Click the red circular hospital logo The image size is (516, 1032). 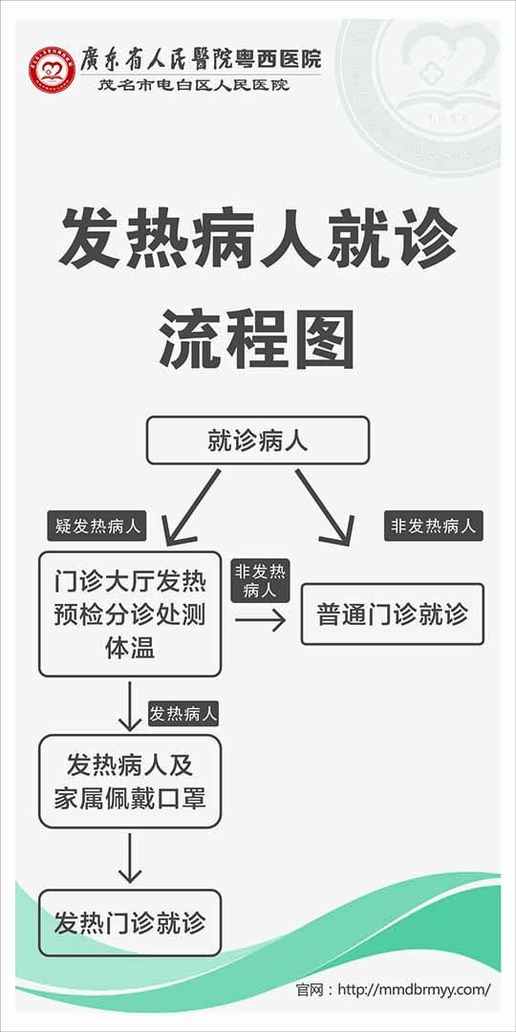pyautogui.click(x=52, y=69)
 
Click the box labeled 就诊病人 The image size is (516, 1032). pyautogui.click(x=257, y=441)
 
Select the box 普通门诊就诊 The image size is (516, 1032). pyautogui.click(x=393, y=614)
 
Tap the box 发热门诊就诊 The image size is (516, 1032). pyautogui.click(x=130, y=923)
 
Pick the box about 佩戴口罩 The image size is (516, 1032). pyautogui.click(x=130, y=782)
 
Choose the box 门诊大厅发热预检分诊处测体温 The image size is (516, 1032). pyautogui.click(x=130, y=614)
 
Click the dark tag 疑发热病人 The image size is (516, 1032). pyautogui.click(x=97, y=527)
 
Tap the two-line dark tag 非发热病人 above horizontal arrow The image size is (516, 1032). pyautogui.click(x=260, y=581)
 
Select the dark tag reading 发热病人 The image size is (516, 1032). pyautogui.click(x=183, y=714)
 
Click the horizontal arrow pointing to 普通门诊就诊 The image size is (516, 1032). pyautogui.click(x=260, y=620)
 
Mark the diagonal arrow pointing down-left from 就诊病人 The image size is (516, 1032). pyautogui.click(x=191, y=507)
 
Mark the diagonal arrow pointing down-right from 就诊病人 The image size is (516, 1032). pyautogui.click(x=325, y=507)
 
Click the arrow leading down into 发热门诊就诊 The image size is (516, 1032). pyautogui.click(x=130, y=858)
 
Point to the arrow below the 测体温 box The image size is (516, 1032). pyautogui.click(x=130, y=706)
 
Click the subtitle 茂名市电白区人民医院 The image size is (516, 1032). pyautogui.click(x=193, y=86)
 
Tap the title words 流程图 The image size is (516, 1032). pyautogui.click(x=257, y=340)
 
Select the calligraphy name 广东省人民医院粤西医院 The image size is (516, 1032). pyautogui.click(x=201, y=59)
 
